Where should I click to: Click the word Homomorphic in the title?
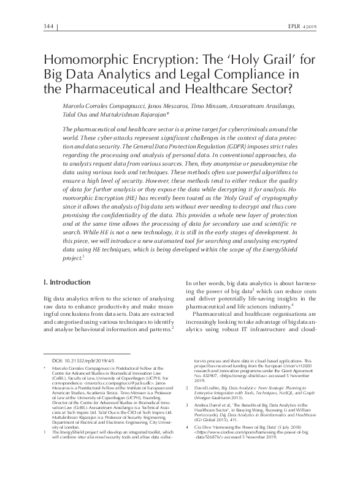(x=86, y=61)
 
